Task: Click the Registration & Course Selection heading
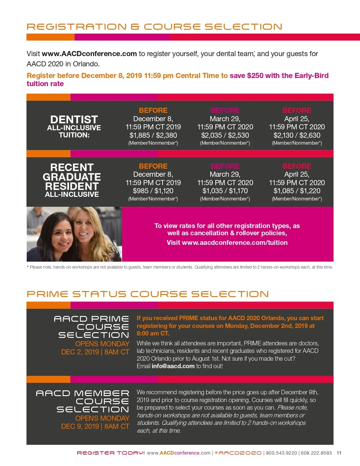pos(154,27)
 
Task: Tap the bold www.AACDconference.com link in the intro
pos(89,54)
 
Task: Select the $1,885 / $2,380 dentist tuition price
pos(153,135)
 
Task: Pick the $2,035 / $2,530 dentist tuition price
pos(225,135)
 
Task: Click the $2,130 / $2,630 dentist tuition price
pos(297,135)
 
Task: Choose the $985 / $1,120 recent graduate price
pos(153,191)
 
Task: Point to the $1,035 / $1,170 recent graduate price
pos(225,191)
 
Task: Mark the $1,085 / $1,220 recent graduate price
pos(297,191)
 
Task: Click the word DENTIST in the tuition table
pos(74,119)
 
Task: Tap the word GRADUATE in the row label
pos(72,177)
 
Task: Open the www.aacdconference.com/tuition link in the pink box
pos(235,243)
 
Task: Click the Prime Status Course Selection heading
pos(148,294)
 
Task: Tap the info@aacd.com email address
pos(173,366)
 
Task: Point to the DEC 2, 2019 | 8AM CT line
pos(95,352)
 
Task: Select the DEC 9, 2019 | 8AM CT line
pos(95,426)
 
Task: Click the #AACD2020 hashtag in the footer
pos(238,453)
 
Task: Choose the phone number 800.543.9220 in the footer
pos(281,453)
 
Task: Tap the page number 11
pos(339,453)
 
